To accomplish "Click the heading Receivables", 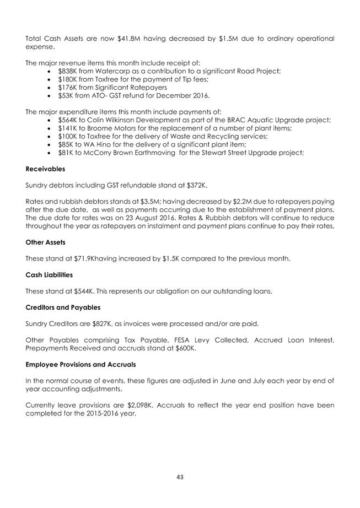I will [x=45, y=169].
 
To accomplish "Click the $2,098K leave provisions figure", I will [x=150, y=405].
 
